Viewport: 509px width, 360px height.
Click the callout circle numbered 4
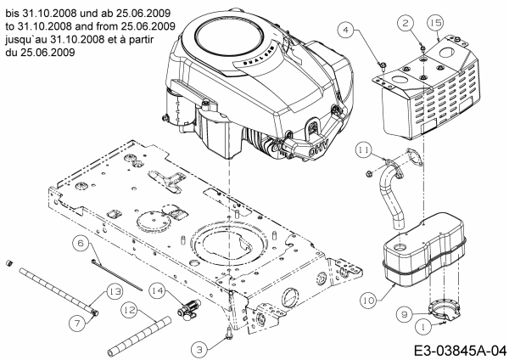[x=346, y=31]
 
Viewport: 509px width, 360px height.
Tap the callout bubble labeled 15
[x=436, y=20]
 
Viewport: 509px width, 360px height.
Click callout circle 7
[x=76, y=321]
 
